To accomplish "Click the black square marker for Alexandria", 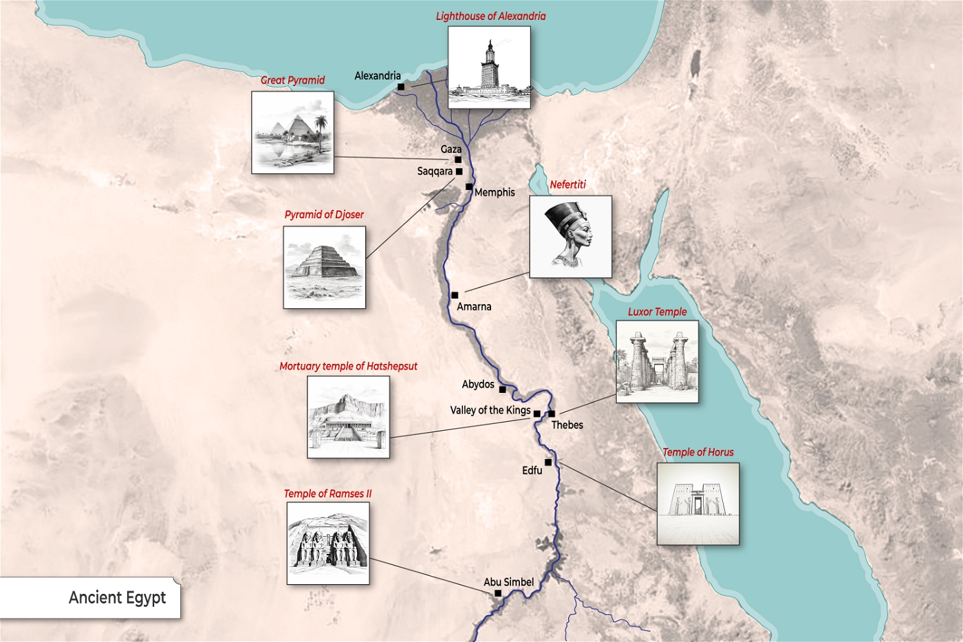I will point(401,87).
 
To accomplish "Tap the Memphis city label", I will point(495,193).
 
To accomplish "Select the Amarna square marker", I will point(455,295).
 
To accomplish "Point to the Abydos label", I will point(478,384).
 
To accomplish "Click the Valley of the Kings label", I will point(490,410).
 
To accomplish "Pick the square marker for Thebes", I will point(552,414).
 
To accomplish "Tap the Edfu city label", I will point(532,471).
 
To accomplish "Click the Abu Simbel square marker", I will point(498,593).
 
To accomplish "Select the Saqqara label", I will point(435,171).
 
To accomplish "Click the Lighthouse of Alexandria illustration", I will point(489,67).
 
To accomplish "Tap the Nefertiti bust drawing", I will point(570,236).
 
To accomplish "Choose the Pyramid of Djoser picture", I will point(324,267).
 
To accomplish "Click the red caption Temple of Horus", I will point(697,452).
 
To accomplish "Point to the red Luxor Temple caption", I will point(657,312).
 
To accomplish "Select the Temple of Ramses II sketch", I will point(328,543).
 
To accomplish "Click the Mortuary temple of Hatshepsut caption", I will point(348,366).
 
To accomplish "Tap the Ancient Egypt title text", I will point(117,597).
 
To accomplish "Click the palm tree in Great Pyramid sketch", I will point(320,131).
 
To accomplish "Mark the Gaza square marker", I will point(458,160).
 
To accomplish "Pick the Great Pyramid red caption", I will point(292,80).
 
